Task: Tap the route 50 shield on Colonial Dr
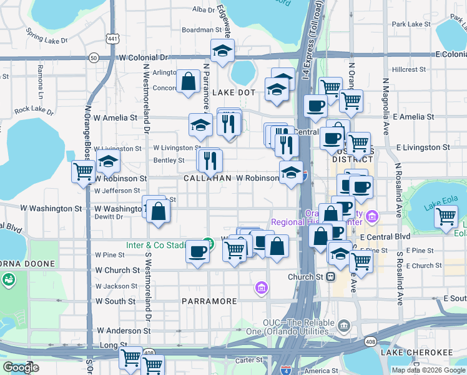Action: tap(93, 57)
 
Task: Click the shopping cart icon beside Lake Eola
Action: tap(446, 217)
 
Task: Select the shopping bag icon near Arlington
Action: tap(188, 81)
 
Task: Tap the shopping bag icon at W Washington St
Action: tap(159, 211)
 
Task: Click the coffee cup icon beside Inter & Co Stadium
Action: tap(198, 251)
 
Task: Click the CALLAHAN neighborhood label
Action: tap(208, 178)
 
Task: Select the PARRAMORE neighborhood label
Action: tap(209, 301)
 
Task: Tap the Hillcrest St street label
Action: tap(408, 69)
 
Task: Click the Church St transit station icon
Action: tap(331, 276)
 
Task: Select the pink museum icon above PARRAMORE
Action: tap(262, 287)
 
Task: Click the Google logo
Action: tap(21, 367)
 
